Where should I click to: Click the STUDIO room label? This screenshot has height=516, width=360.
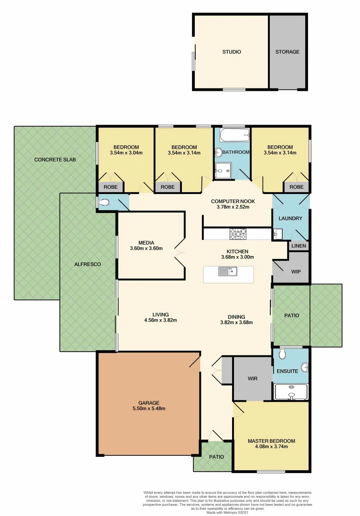[232, 52]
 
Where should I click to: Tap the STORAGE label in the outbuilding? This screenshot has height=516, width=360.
[287, 52]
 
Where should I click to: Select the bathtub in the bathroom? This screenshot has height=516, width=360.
[234, 135]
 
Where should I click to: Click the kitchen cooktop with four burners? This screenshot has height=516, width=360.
[238, 234]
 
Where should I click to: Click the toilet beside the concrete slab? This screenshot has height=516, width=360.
[105, 203]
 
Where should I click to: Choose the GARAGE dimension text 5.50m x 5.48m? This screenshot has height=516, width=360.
[149, 408]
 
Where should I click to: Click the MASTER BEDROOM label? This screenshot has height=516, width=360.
[271, 441]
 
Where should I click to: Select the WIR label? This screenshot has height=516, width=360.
[253, 378]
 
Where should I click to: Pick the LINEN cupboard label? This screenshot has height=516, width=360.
[299, 246]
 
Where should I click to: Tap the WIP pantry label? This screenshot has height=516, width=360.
[296, 271]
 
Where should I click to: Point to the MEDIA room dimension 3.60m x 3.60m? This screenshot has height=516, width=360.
[146, 248]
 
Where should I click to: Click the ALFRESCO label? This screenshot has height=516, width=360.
[88, 264]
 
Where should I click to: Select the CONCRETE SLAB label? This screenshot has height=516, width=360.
[55, 159]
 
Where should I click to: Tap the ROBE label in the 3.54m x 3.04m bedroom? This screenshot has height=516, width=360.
[110, 187]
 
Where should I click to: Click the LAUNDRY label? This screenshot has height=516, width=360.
[290, 218]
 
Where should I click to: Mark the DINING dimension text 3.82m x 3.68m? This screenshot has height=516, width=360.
[236, 322]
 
